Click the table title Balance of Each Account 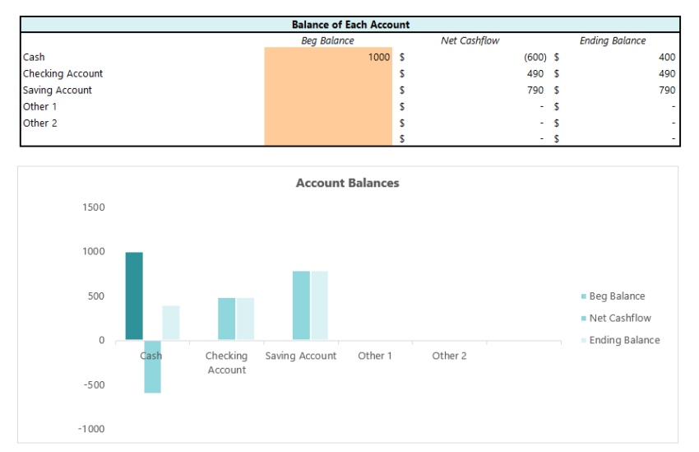click(x=350, y=25)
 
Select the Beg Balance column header click(x=327, y=40)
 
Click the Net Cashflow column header click(x=470, y=40)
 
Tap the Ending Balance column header click(x=613, y=40)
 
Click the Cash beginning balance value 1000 click(x=378, y=58)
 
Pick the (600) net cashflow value click(x=535, y=58)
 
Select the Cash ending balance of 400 click(x=666, y=58)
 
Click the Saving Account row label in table click(x=58, y=91)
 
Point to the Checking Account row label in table click(x=62, y=74)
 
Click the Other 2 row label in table click(x=40, y=123)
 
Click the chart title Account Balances click(x=347, y=183)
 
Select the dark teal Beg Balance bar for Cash click(x=134, y=296)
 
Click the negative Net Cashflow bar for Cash click(x=152, y=367)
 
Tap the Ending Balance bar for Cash click(x=170, y=323)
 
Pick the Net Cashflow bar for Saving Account click(x=301, y=305)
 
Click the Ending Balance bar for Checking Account click(x=245, y=319)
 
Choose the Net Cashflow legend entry click(x=621, y=319)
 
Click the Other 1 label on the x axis click(x=375, y=356)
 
